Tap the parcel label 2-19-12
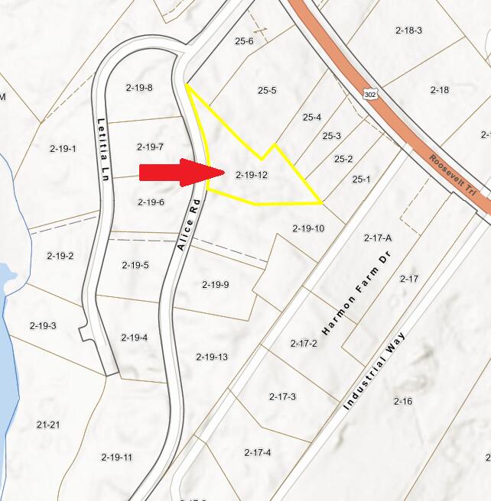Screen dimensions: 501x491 tap(252, 175)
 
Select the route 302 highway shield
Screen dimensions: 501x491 tap(370, 94)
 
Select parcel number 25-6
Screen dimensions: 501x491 tap(244, 41)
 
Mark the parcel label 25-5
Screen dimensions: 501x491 tap(267, 91)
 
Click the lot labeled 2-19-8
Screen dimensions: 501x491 tap(139, 88)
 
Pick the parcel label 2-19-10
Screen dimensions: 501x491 tap(308, 228)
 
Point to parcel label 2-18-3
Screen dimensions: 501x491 tap(409, 31)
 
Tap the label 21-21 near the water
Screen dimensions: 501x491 tap(48, 425)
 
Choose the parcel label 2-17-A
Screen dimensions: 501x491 tap(378, 238)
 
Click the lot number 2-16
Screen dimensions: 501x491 tap(403, 401)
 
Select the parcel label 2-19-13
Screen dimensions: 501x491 tap(212, 357)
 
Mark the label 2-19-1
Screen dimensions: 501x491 tap(63, 148)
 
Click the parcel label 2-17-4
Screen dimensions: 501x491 tap(258, 452)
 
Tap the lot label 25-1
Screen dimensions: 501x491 tap(361, 179)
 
